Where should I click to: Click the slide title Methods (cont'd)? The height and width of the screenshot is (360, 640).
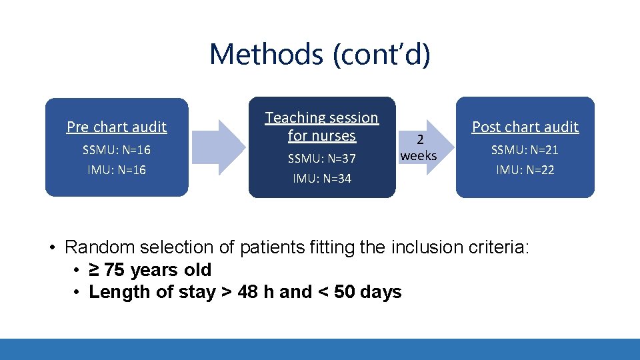[320, 54]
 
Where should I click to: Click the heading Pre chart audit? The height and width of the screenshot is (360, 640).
[117, 127]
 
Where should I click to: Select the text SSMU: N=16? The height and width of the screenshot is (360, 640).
[117, 150]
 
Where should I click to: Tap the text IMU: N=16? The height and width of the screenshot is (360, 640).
[117, 170]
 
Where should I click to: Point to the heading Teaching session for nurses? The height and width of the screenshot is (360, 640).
[321, 127]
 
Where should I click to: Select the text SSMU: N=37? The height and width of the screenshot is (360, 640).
[321, 159]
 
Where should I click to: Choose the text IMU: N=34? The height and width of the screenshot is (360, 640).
[321, 179]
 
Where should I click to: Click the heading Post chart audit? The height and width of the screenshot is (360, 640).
[525, 127]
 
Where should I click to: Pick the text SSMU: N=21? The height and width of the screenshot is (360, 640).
[525, 150]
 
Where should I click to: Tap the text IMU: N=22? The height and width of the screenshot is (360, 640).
[525, 170]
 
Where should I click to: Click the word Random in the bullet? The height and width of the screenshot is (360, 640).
[97, 247]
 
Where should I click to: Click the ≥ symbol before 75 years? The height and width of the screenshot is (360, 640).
[95, 270]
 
